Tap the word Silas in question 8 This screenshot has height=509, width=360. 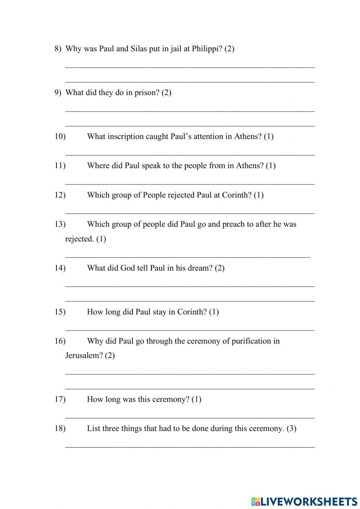(138, 49)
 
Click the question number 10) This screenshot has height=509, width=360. (60, 137)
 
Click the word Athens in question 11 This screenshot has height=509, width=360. (250, 166)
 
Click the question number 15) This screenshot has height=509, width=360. (60, 312)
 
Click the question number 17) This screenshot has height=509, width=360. (60, 399)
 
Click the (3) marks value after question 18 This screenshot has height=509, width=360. (291, 429)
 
